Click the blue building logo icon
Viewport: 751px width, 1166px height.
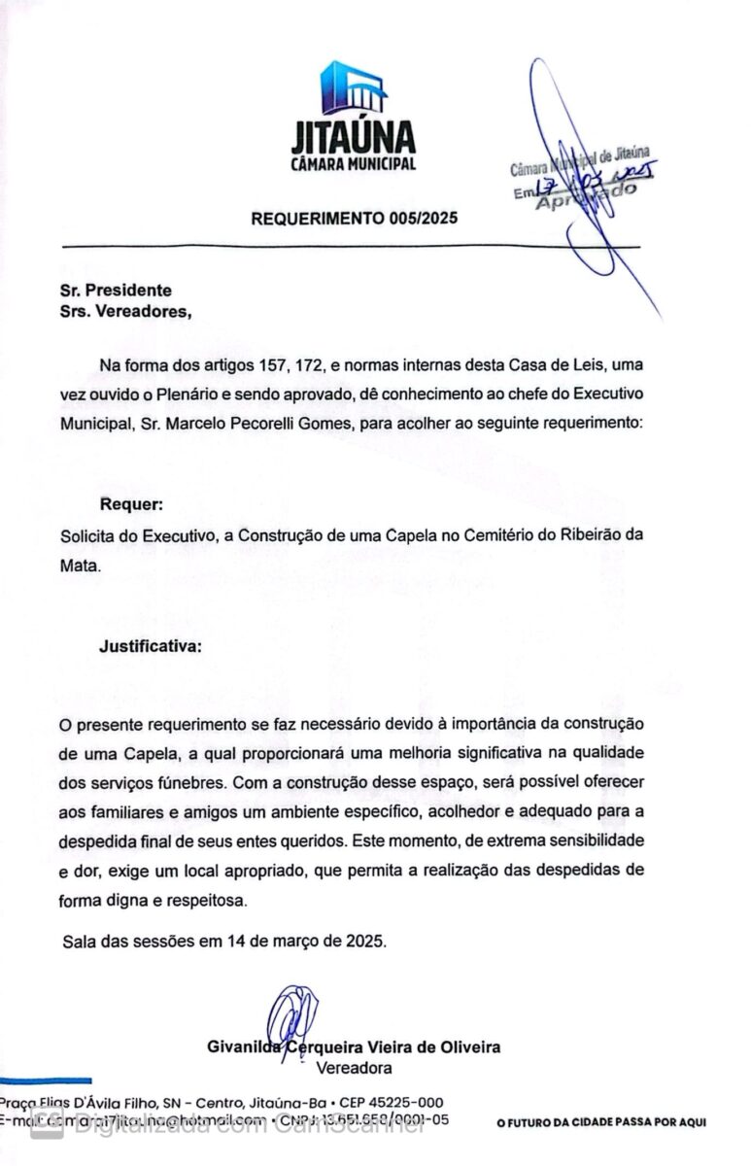coord(354,88)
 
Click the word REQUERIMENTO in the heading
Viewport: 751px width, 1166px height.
coord(312,219)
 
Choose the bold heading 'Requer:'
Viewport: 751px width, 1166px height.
coord(131,505)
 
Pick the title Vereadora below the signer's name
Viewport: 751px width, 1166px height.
coord(355,1068)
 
